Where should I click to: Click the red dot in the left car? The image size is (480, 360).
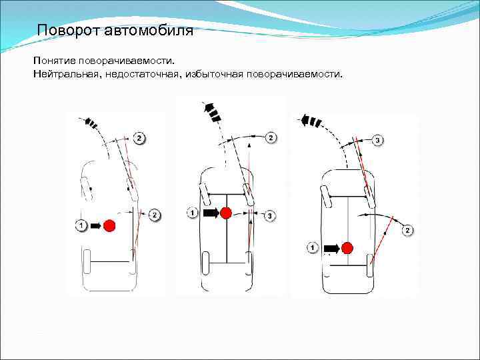point(109,225)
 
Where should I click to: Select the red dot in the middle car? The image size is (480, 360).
point(227,213)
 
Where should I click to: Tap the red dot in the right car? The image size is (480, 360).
point(347,248)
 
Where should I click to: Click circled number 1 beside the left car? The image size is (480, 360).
point(81,225)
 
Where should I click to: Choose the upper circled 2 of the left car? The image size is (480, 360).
point(139,138)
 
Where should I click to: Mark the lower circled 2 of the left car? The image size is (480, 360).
point(155,215)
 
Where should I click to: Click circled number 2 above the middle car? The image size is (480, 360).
point(271,138)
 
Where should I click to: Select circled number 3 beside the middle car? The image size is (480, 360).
point(269,215)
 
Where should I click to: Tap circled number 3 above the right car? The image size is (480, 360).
point(377,141)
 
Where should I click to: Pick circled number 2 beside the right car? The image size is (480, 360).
point(408,231)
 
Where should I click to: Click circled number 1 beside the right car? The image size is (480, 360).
point(313,247)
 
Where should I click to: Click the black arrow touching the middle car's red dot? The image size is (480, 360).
point(211,213)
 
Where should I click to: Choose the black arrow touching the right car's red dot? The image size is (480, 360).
point(331,248)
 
